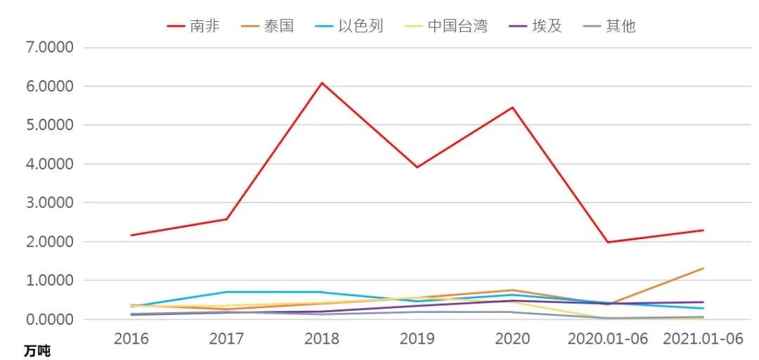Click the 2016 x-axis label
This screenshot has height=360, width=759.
[x=131, y=339]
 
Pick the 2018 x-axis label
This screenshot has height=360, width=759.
[x=322, y=339]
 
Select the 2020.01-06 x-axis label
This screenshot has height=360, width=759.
[x=608, y=339]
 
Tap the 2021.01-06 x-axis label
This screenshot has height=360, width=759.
[x=703, y=339]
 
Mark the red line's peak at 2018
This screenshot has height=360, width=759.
[x=322, y=83]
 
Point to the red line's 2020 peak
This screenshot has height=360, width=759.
[x=512, y=108]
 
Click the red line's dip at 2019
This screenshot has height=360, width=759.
[x=417, y=167]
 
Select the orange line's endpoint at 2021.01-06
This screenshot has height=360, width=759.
[x=703, y=269]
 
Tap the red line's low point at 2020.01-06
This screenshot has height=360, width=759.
[x=608, y=243]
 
